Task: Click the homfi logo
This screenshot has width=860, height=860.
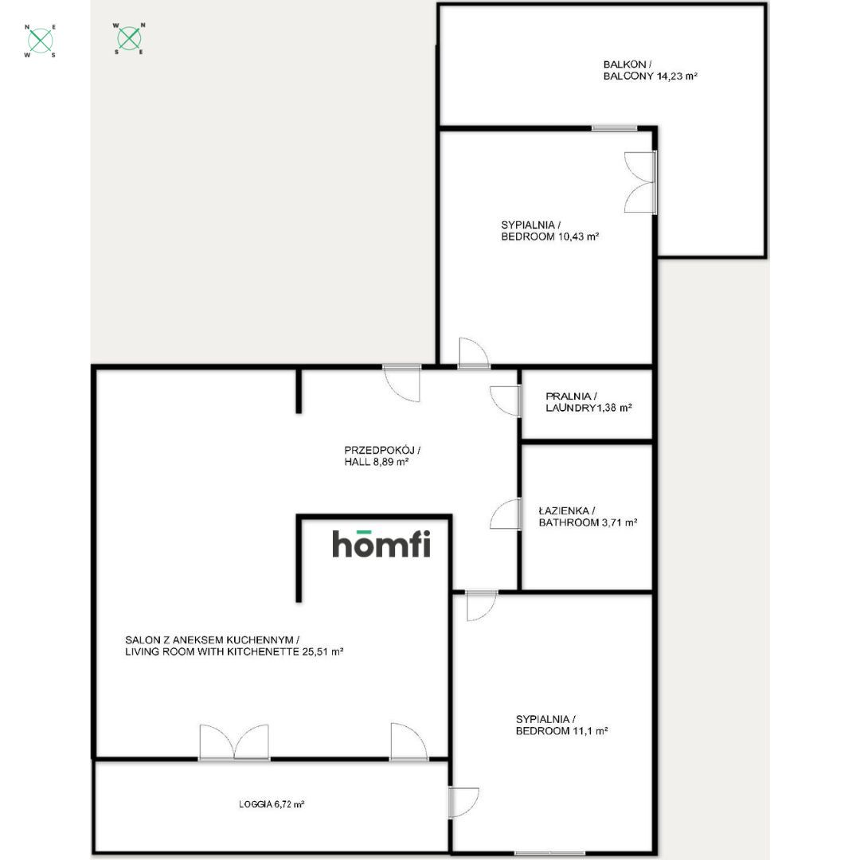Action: tap(381, 544)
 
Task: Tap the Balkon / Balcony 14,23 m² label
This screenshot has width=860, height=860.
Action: tap(650, 70)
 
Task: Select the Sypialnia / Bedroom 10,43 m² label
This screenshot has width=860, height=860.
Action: tap(549, 231)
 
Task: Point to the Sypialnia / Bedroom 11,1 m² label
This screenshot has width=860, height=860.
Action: tap(561, 725)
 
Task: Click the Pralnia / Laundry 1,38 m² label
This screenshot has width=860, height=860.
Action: tap(588, 402)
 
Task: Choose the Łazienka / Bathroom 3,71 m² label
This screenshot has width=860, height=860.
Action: tap(588, 517)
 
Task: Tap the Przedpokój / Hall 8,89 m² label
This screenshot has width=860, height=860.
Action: tap(382, 455)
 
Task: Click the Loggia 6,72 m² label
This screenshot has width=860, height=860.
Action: tap(272, 804)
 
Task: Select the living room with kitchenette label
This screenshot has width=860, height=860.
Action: tap(234, 646)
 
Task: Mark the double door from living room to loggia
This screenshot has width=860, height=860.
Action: tap(234, 742)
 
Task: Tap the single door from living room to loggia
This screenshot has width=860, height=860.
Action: tap(408, 742)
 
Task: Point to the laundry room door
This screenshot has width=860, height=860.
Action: tap(505, 401)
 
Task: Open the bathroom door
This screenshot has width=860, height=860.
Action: tap(505, 514)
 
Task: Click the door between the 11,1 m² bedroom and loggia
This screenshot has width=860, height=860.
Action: tap(463, 803)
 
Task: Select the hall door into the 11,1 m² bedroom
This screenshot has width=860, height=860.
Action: tap(482, 605)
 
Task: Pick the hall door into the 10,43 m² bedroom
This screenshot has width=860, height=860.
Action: tap(474, 353)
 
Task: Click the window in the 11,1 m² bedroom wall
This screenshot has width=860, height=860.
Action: tap(549, 853)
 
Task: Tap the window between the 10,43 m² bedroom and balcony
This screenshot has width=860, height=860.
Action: tap(614, 128)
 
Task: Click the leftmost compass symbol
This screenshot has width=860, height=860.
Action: tap(40, 40)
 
